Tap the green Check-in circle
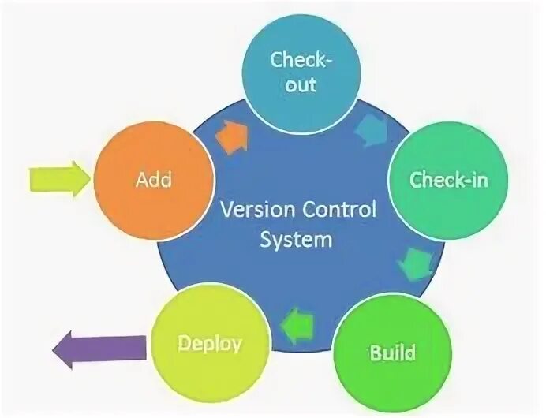coord(448,180)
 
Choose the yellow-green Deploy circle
coord(210,344)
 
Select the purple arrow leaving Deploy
coord(99,347)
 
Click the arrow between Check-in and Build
coord(414,263)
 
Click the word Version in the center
coord(256,211)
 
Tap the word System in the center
coord(296,239)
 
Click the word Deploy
coord(209,344)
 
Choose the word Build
coord(392,350)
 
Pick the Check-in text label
coord(448,180)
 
